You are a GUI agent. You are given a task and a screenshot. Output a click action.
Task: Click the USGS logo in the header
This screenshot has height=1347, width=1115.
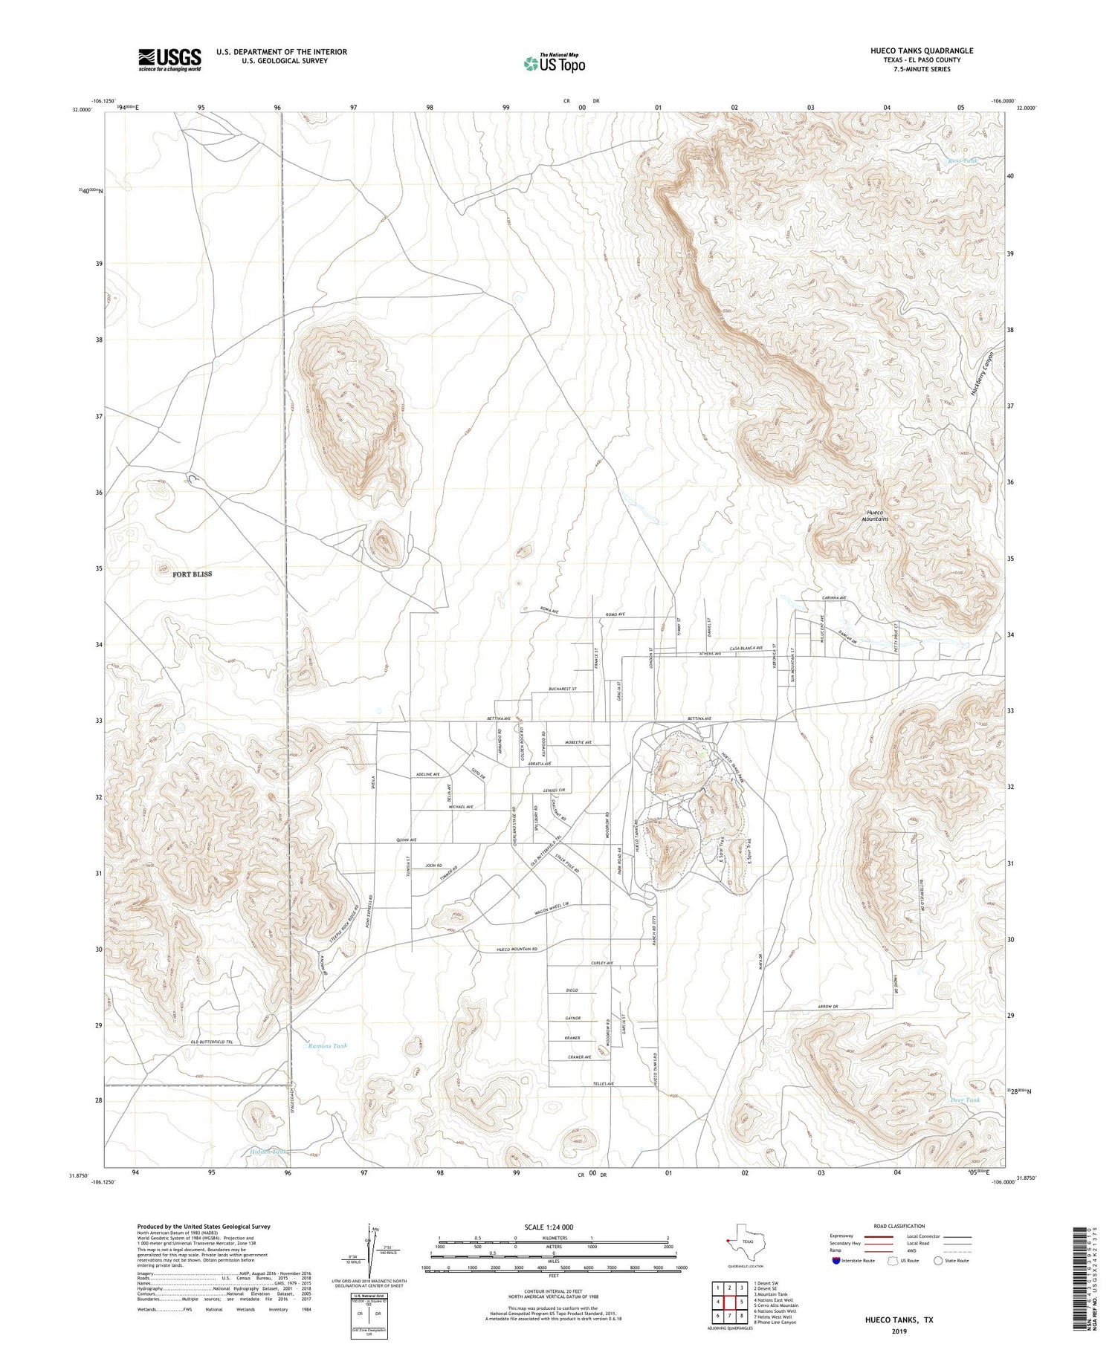point(169,59)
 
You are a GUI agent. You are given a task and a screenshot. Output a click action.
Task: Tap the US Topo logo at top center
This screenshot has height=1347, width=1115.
point(555,63)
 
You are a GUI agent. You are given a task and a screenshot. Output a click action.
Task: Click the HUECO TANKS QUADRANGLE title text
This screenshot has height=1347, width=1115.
point(922,51)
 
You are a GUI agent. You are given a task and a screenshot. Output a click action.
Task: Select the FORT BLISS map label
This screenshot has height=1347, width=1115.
point(192,574)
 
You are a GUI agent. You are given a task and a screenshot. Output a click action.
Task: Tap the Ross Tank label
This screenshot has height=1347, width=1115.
point(963,160)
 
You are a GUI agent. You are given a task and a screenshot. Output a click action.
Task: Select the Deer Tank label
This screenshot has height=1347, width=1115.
point(966,1100)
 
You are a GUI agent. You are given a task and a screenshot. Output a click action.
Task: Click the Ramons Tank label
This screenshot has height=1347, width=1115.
point(328,1045)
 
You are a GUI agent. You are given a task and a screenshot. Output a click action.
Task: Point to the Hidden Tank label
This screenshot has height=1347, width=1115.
point(268,1152)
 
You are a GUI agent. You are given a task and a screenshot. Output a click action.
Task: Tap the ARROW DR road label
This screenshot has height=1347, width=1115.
point(827,1007)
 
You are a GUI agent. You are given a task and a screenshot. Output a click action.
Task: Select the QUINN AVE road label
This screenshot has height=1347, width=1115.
point(407,840)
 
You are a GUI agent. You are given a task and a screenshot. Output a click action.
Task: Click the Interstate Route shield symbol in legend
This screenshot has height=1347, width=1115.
point(836,1261)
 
